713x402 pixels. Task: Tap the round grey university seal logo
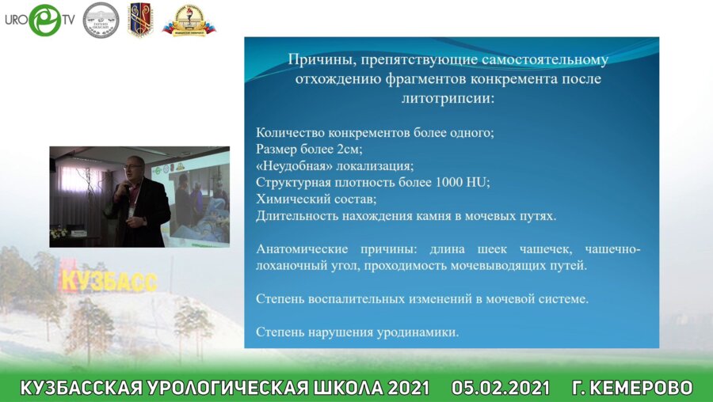(101, 20)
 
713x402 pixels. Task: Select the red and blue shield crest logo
(140, 20)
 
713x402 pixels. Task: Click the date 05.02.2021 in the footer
(501, 388)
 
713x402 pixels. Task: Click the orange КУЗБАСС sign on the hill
(109, 280)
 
